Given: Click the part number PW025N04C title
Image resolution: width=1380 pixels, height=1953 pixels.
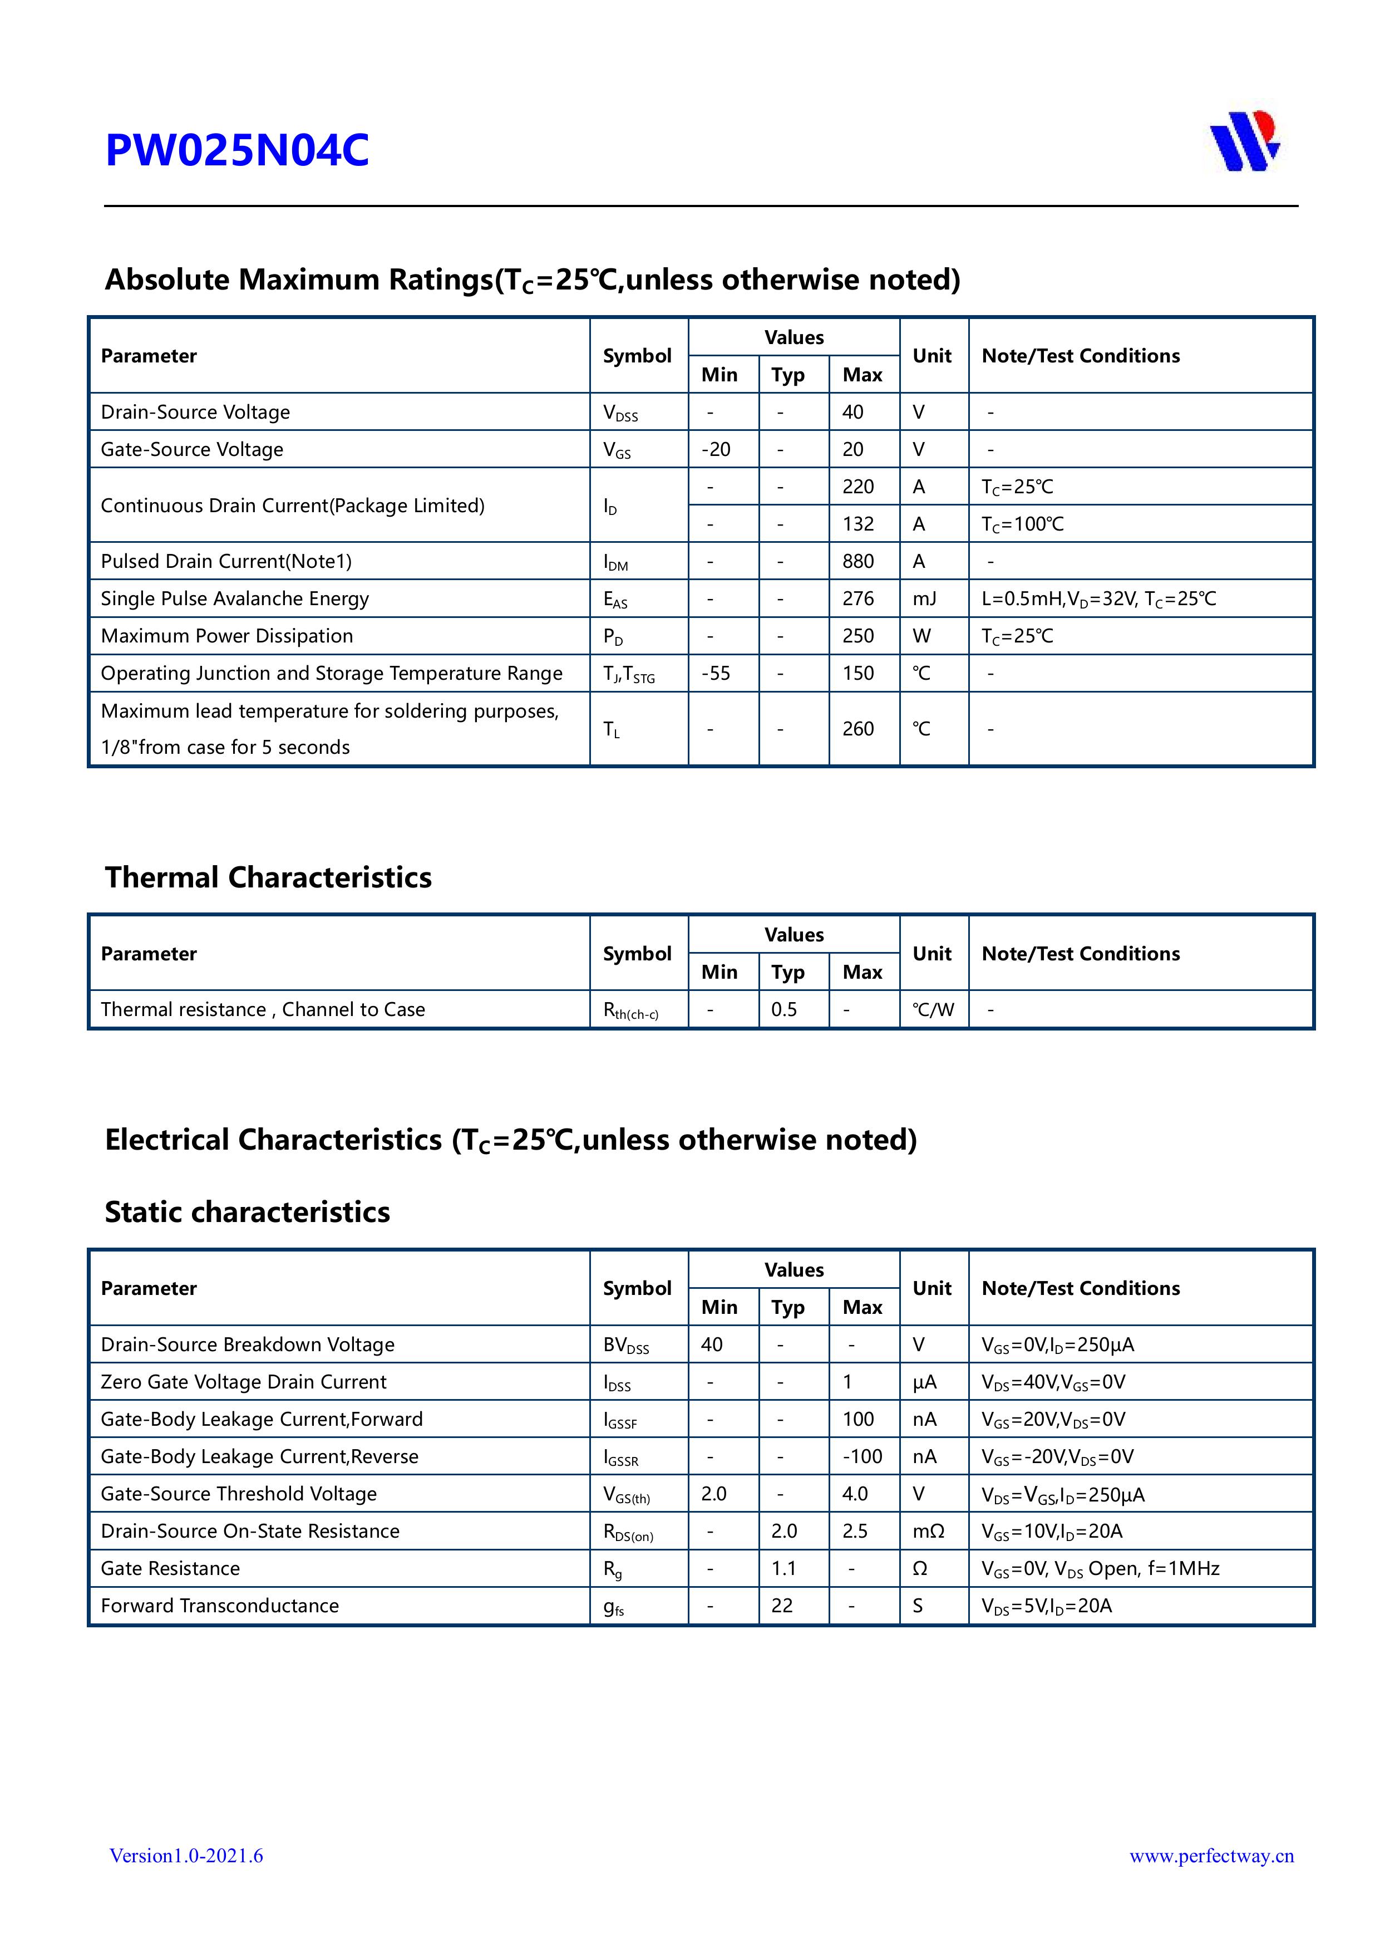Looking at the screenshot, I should [x=237, y=151].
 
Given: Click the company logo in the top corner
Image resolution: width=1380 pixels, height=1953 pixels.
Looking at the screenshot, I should [x=1245, y=141].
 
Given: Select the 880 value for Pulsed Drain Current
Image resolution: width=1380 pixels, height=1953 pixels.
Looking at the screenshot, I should [x=858, y=561].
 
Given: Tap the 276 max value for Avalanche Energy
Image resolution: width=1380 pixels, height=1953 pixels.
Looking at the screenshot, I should [x=858, y=599].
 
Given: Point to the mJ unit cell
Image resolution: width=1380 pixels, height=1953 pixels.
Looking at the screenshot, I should [x=924, y=599].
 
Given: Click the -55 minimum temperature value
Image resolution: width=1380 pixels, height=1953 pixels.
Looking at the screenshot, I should [x=716, y=674].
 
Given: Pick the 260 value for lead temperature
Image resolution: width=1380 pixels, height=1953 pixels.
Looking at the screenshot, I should [x=858, y=729].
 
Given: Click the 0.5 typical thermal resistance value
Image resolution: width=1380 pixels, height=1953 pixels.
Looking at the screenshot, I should [x=784, y=1010].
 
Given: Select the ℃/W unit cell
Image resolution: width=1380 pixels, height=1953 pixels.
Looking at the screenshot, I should [x=933, y=1010].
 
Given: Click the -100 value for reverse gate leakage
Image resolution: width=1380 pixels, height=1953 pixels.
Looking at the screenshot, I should [x=862, y=1456].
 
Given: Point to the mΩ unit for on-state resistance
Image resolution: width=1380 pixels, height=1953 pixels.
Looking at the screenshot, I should [x=928, y=1531].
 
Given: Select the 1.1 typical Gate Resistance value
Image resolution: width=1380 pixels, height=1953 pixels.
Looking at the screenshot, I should [x=784, y=1568].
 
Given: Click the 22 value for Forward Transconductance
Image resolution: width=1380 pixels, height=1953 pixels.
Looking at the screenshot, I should [x=782, y=1606].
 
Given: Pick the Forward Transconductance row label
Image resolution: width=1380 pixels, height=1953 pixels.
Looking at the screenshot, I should [x=219, y=1606].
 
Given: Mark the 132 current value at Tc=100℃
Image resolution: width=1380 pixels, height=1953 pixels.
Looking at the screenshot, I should [x=858, y=524].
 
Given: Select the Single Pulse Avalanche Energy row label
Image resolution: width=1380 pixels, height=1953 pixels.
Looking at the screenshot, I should [x=235, y=599].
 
